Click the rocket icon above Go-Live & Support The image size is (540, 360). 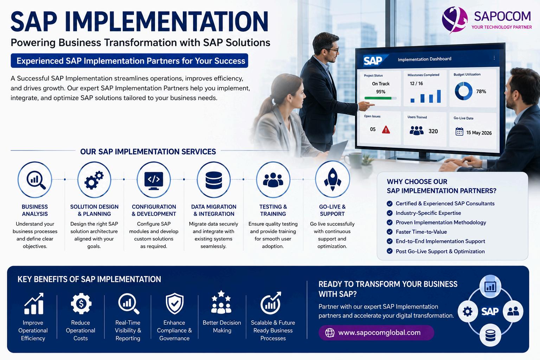pos(333,179)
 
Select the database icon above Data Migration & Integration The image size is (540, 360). pos(214,180)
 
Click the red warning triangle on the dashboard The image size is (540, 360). pos(386,129)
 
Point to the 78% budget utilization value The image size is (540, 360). pos(481,91)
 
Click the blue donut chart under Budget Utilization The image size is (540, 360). pos(464,91)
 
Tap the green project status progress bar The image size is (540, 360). pos(380,98)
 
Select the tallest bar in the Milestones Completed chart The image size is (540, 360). pos(439,96)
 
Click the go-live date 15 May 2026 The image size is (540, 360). pos(479,133)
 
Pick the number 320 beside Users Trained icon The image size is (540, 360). pos(433,131)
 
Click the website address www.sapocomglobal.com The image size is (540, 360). pos(379,333)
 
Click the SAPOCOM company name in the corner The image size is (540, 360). pos(502,17)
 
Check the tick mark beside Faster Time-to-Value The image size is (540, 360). pos(389,232)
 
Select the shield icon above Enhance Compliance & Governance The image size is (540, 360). pos(174,304)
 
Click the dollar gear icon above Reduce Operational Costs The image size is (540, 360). pos(81,304)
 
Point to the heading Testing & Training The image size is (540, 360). pos(273,210)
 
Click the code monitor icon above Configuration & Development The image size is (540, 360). pos(154,181)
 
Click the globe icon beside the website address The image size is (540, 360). pos(330,333)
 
